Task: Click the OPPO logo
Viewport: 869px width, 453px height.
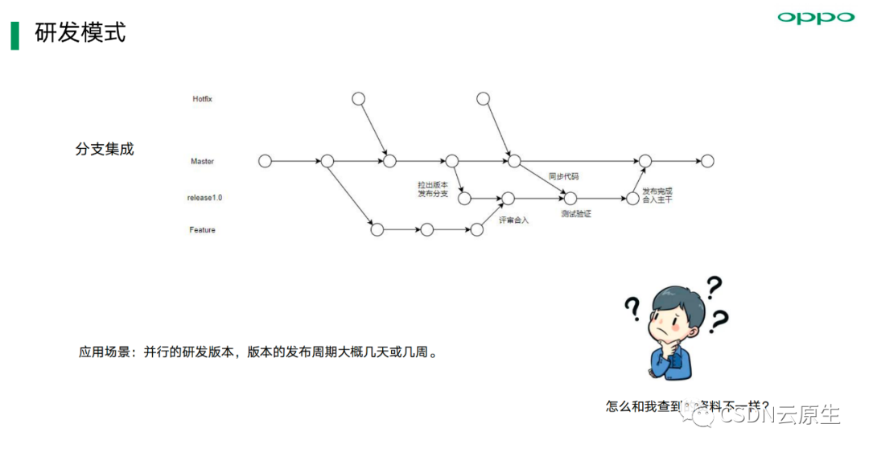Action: pyautogui.click(x=815, y=17)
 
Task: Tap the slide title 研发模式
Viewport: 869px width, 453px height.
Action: pyautogui.click(x=80, y=33)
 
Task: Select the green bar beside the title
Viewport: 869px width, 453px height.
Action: pyautogui.click(x=14, y=35)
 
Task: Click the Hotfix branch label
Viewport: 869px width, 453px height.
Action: pyautogui.click(x=202, y=99)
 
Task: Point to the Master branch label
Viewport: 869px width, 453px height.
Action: pyautogui.click(x=202, y=161)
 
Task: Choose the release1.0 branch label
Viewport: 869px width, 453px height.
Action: pyautogui.click(x=204, y=197)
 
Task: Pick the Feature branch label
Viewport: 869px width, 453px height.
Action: pyautogui.click(x=202, y=230)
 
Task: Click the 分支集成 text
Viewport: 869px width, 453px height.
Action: pyautogui.click(x=105, y=149)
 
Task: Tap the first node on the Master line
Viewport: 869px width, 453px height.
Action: pyautogui.click(x=265, y=161)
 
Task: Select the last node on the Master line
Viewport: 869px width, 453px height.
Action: pyautogui.click(x=707, y=161)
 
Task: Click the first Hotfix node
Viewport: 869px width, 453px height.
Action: pyautogui.click(x=359, y=99)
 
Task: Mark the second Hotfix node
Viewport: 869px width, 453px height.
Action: pyautogui.click(x=483, y=99)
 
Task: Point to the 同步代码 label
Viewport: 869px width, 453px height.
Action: pyautogui.click(x=563, y=176)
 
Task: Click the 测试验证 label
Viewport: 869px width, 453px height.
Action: pyautogui.click(x=576, y=214)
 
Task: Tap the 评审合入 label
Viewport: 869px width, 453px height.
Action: pyautogui.click(x=513, y=220)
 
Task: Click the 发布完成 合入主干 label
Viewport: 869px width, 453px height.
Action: pyautogui.click(x=657, y=195)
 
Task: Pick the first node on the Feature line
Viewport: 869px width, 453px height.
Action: pyautogui.click(x=377, y=230)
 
